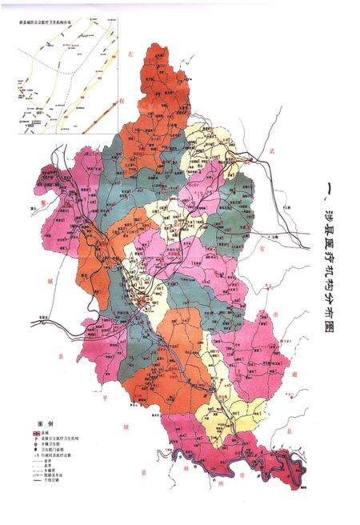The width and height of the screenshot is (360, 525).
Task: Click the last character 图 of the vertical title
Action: [329, 349]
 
